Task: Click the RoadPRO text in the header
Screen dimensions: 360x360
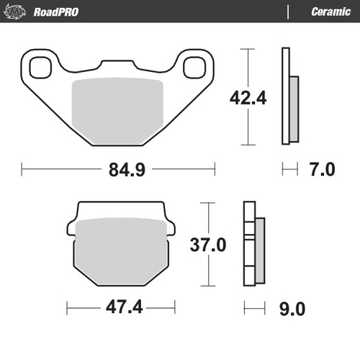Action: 55,12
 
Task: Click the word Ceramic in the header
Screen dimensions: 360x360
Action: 330,12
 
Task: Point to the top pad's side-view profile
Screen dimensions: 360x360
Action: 289,97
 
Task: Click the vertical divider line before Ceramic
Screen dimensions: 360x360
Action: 288,12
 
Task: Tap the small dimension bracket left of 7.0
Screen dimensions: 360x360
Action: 289,170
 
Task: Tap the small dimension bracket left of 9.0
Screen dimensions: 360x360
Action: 251,309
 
